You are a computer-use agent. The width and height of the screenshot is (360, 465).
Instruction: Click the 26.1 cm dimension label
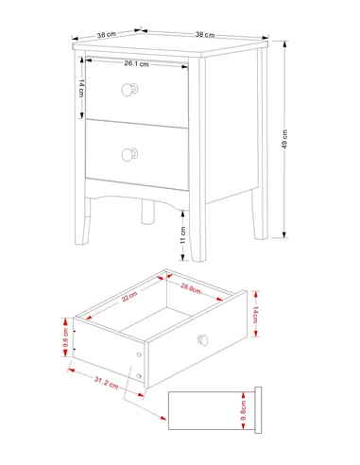(x=136, y=63)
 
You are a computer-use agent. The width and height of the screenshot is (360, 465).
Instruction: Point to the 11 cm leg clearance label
(x=183, y=234)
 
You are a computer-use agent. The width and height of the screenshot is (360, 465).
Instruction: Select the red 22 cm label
(x=129, y=297)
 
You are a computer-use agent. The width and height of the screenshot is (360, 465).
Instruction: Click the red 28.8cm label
(x=191, y=288)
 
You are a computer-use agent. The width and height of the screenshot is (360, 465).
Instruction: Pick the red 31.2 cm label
(x=107, y=383)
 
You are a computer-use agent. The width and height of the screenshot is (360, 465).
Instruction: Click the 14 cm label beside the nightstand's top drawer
(x=81, y=88)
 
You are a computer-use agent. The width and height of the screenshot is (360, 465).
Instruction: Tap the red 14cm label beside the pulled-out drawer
(x=255, y=315)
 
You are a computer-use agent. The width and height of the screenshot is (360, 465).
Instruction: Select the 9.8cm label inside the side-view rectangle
(x=243, y=410)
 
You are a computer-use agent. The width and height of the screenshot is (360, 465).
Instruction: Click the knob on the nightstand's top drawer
(x=129, y=90)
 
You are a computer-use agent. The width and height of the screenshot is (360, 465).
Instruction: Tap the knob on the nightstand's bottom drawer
(x=129, y=155)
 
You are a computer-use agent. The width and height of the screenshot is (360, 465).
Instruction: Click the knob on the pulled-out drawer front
(x=203, y=340)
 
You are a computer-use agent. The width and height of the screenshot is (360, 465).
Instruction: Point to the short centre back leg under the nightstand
(x=147, y=212)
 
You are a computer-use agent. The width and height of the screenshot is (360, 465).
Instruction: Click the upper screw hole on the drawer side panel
(x=139, y=355)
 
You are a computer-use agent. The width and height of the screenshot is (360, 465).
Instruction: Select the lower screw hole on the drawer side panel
(x=139, y=376)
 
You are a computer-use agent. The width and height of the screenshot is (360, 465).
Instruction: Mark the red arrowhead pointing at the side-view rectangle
(x=163, y=418)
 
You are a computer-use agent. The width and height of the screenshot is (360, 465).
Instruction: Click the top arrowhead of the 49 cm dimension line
(x=284, y=43)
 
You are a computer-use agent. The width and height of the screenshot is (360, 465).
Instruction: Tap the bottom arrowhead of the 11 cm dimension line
(x=182, y=257)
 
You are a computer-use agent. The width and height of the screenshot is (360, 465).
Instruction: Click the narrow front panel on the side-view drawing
(x=258, y=410)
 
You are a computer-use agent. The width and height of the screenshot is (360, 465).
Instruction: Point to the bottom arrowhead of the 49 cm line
(x=284, y=235)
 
